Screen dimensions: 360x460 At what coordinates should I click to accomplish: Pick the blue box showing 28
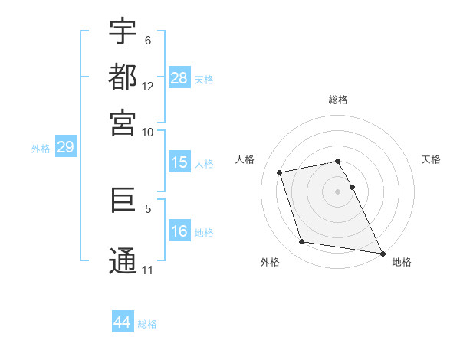click(x=179, y=78)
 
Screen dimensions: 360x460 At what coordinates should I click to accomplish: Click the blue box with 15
click(x=179, y=162)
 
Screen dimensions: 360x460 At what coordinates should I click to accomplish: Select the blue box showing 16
click(x=179, y=232)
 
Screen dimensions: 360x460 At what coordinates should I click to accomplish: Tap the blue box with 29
click(x=65, y=148)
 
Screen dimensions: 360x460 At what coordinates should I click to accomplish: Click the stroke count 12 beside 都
click(x=148, y=87)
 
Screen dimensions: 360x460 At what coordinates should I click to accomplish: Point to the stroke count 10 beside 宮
click(x=148, y=132)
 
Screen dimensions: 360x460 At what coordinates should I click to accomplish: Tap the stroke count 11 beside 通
click(x=148, y=270)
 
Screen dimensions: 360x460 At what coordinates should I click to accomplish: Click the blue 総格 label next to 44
click(x=148, y=324)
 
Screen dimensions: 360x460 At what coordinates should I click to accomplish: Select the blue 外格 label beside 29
click(x=41, y=149)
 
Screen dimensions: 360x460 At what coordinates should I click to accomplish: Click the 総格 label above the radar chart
click(x=338, y=100)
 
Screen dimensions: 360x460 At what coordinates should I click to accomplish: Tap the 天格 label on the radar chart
click(x=432, y=159)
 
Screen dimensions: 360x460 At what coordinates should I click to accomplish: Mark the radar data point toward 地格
click(x=381, y=253)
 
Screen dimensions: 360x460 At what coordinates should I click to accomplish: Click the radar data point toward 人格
click(x=280, y=172)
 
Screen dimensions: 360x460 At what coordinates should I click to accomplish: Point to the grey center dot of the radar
click(x=338, y=191)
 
